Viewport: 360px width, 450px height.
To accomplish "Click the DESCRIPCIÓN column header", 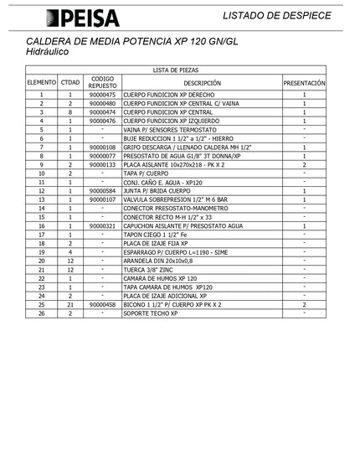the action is [x=202, y=84].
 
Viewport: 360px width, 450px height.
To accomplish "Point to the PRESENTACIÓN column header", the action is [x=304, y=84].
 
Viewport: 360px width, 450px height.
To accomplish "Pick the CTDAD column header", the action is [x=70, y=84].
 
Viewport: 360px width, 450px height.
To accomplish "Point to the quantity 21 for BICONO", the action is [x=70, y=305].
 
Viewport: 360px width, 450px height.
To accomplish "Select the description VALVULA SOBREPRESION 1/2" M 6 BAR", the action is [x=175, y=200].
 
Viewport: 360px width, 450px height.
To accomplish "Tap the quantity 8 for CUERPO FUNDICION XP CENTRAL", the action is [x=70, y=111].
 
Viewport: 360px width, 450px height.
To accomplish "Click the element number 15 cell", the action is [x=41, y=218].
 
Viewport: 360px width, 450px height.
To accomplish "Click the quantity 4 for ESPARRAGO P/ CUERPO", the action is [x=70, y=252].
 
